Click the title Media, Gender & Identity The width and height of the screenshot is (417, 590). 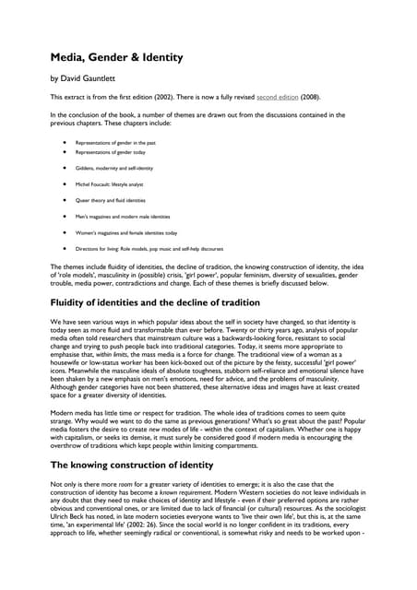115,57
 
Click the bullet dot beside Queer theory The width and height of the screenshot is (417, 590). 64,200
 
